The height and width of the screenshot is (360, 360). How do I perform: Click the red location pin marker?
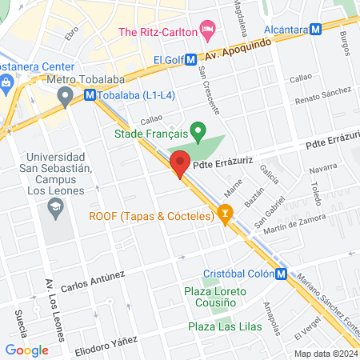[179, 162]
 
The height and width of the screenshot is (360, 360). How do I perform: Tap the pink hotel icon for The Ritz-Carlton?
[208, 31]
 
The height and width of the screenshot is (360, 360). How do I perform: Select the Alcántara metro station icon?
[316, 28]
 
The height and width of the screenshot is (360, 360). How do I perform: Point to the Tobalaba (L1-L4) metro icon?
[90, 94]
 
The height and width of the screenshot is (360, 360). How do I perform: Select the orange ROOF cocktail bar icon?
[226, 214]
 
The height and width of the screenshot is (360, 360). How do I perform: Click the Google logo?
[26, 350]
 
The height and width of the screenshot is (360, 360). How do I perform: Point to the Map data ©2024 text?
[325, 354]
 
